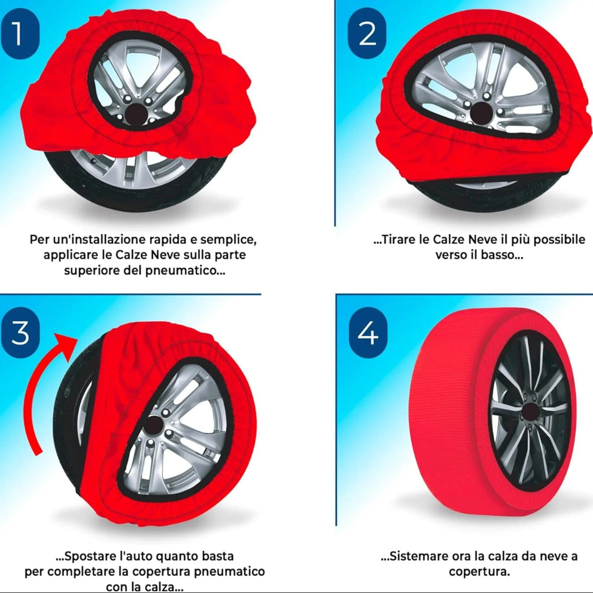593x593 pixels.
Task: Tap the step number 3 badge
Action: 20,332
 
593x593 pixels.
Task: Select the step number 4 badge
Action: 368,332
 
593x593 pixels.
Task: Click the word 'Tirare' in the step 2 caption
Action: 398,240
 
